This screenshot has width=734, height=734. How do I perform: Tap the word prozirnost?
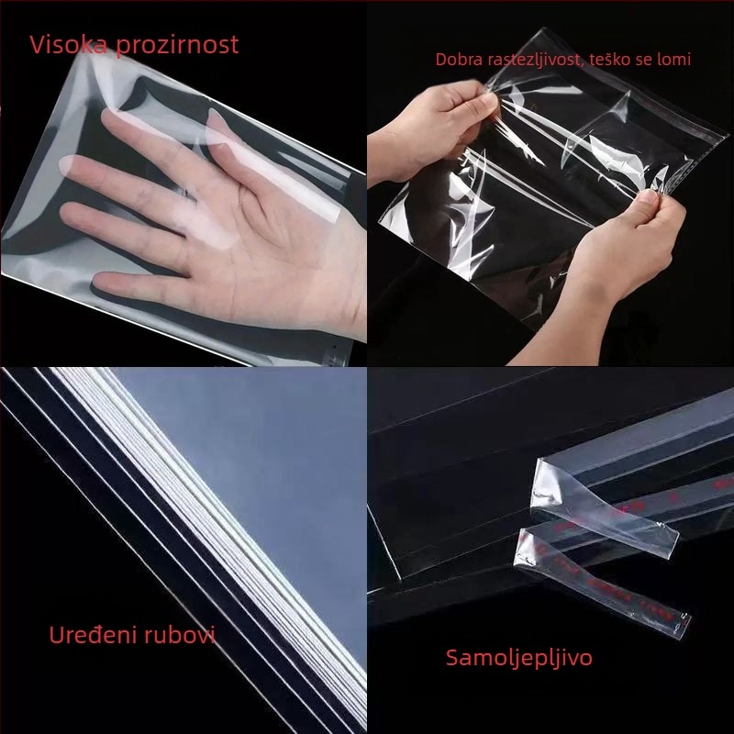coord(177,45)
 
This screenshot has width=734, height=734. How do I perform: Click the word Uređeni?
coord(94,635)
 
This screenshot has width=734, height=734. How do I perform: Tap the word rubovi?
coord(180,635)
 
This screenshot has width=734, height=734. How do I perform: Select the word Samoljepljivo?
coord(518,658)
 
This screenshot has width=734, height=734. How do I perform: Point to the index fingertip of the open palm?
coord(112,118)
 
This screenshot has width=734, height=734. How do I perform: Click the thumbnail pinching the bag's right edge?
coord(648,196)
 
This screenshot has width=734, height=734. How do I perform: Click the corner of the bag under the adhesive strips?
coord(399,578)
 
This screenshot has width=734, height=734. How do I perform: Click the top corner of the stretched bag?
coord(547,29)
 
